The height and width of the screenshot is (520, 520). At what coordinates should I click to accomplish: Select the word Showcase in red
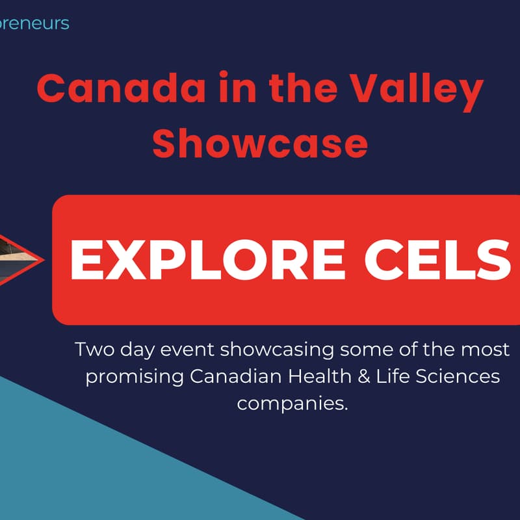[260, 144]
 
